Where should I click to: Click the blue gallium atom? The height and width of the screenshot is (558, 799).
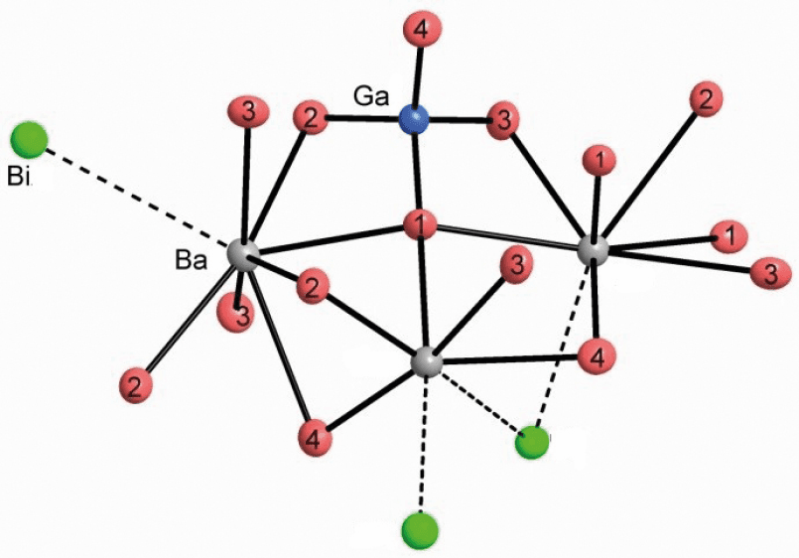(413, 118)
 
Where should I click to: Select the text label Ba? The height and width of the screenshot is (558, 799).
(191, 260)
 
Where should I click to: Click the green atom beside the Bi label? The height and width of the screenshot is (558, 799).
(30, 140)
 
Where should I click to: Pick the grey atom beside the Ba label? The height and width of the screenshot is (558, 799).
(242, 253)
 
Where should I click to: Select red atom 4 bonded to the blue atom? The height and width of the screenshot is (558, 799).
(423, 29)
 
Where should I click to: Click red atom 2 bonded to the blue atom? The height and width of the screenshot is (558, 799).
(312, 119)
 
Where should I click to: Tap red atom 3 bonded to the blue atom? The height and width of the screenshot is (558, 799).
(503, 122)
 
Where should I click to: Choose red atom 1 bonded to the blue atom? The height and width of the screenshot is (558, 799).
(420, 225)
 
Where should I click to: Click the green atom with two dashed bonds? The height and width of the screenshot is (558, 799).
(532, 442)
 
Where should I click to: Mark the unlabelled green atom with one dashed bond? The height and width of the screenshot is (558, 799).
(420, 531)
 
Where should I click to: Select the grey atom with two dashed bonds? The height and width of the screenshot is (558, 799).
(426, 362)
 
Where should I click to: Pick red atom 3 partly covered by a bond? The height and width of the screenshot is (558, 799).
(235, 314)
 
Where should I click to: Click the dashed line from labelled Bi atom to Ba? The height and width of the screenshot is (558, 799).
(139, 197)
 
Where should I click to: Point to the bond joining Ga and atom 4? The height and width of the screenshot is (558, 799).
(418, 75)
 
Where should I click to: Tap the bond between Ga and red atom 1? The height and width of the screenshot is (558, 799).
(417, 171)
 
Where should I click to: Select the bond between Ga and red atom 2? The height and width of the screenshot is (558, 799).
(363, 119)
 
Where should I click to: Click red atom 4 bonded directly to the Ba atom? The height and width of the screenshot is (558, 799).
(315, 439)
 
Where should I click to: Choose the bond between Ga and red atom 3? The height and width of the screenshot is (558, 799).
(459, 120)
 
